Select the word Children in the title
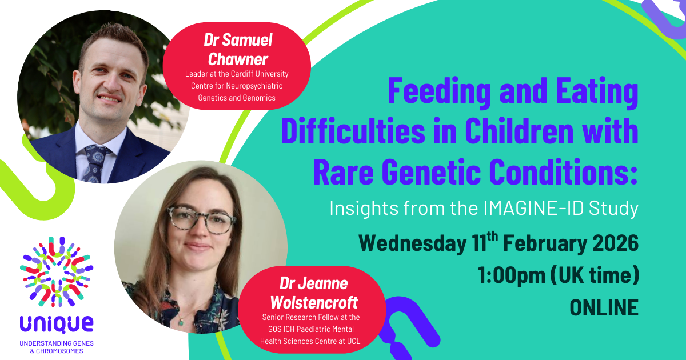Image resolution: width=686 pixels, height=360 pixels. pos(519,131)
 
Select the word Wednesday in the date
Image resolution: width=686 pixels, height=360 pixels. pos(413,243)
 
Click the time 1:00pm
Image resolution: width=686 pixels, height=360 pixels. pos(512,275)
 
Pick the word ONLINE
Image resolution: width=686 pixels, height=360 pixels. pos(604,307)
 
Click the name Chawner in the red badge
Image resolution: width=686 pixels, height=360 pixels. pos(238,59)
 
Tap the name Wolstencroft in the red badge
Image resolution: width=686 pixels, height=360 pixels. pos(314,303)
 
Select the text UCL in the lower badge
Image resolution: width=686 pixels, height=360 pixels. pos(353,341)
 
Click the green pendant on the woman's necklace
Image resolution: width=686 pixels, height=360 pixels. pos(181,322)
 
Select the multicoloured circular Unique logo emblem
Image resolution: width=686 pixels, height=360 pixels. pos(57,271)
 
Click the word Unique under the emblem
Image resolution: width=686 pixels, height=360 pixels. pos(57,325)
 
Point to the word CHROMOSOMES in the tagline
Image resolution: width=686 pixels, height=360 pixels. pos(59,351)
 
